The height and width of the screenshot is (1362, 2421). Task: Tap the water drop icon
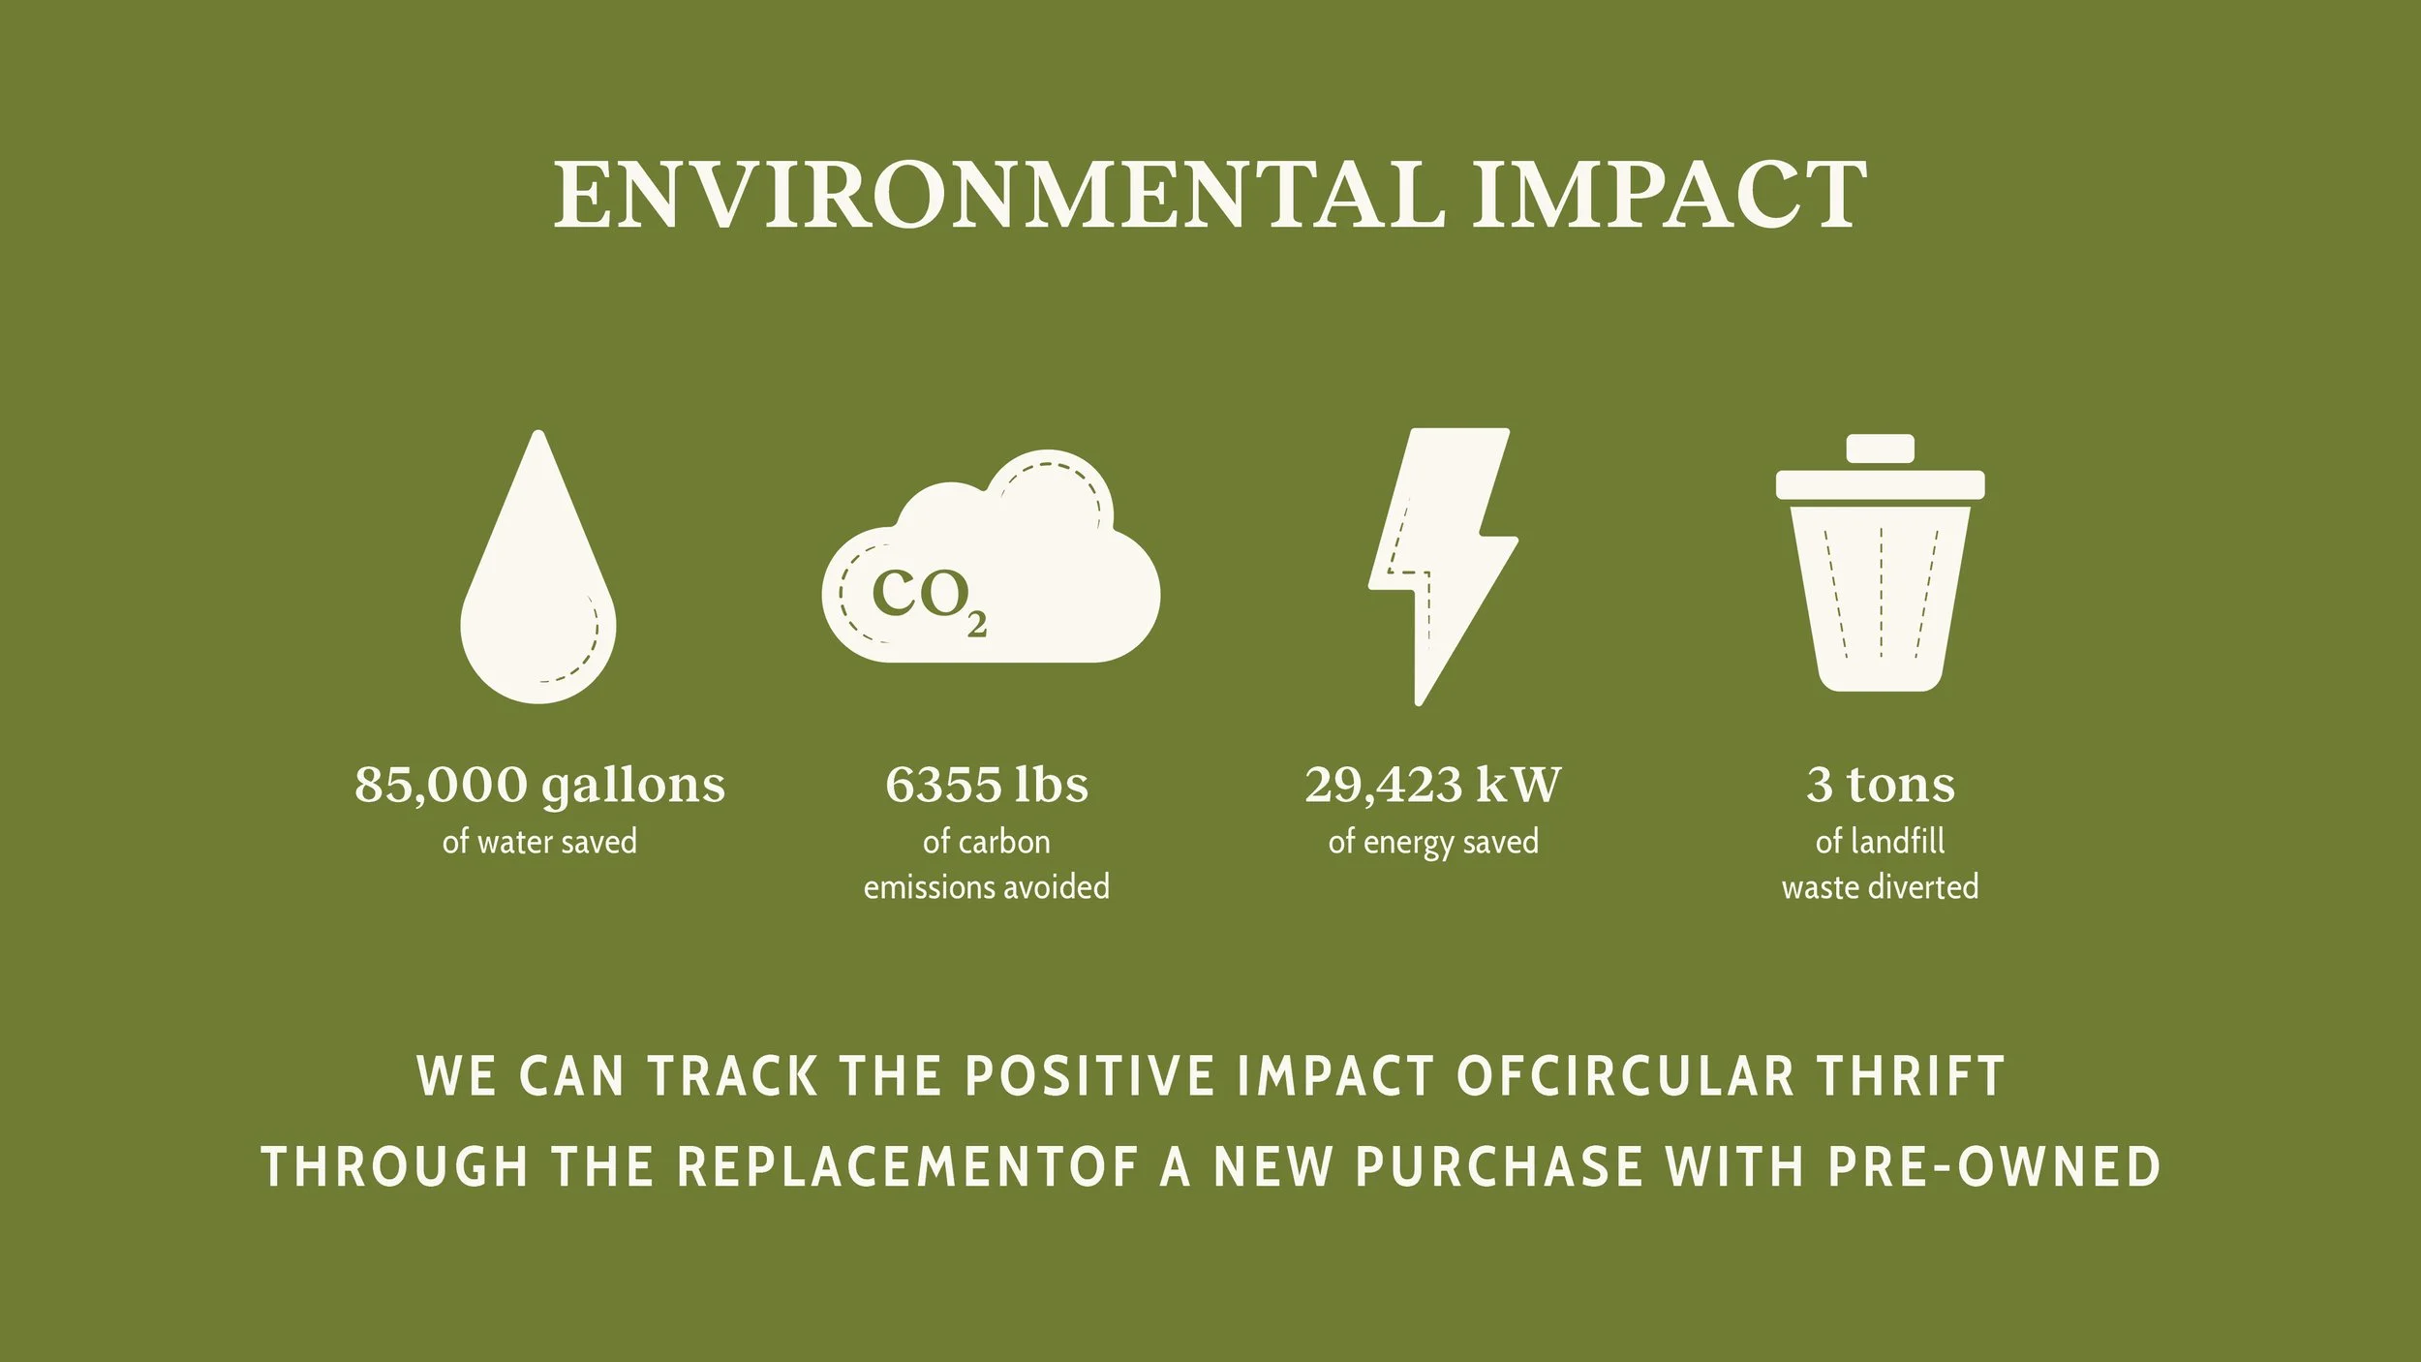point(538,591)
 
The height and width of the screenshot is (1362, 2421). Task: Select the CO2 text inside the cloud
point(928,598)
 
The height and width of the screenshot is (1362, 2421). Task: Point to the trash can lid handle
point(1880,449)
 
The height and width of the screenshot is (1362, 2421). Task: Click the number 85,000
point(441,785)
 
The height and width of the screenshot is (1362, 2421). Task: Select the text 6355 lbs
point(986,785)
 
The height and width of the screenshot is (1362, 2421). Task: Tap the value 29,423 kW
point(1432,785)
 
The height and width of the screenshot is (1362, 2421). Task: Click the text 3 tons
point(1880,785)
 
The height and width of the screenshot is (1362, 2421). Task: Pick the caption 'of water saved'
point(539,842)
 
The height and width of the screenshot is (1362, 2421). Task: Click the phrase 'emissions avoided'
point(986,887)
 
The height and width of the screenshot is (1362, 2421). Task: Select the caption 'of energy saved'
point(1432,842)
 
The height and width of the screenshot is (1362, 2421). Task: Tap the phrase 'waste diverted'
point(1880,887)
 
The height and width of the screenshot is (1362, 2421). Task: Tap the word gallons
point(633,785)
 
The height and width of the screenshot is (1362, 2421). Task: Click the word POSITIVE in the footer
point(1089,1076)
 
